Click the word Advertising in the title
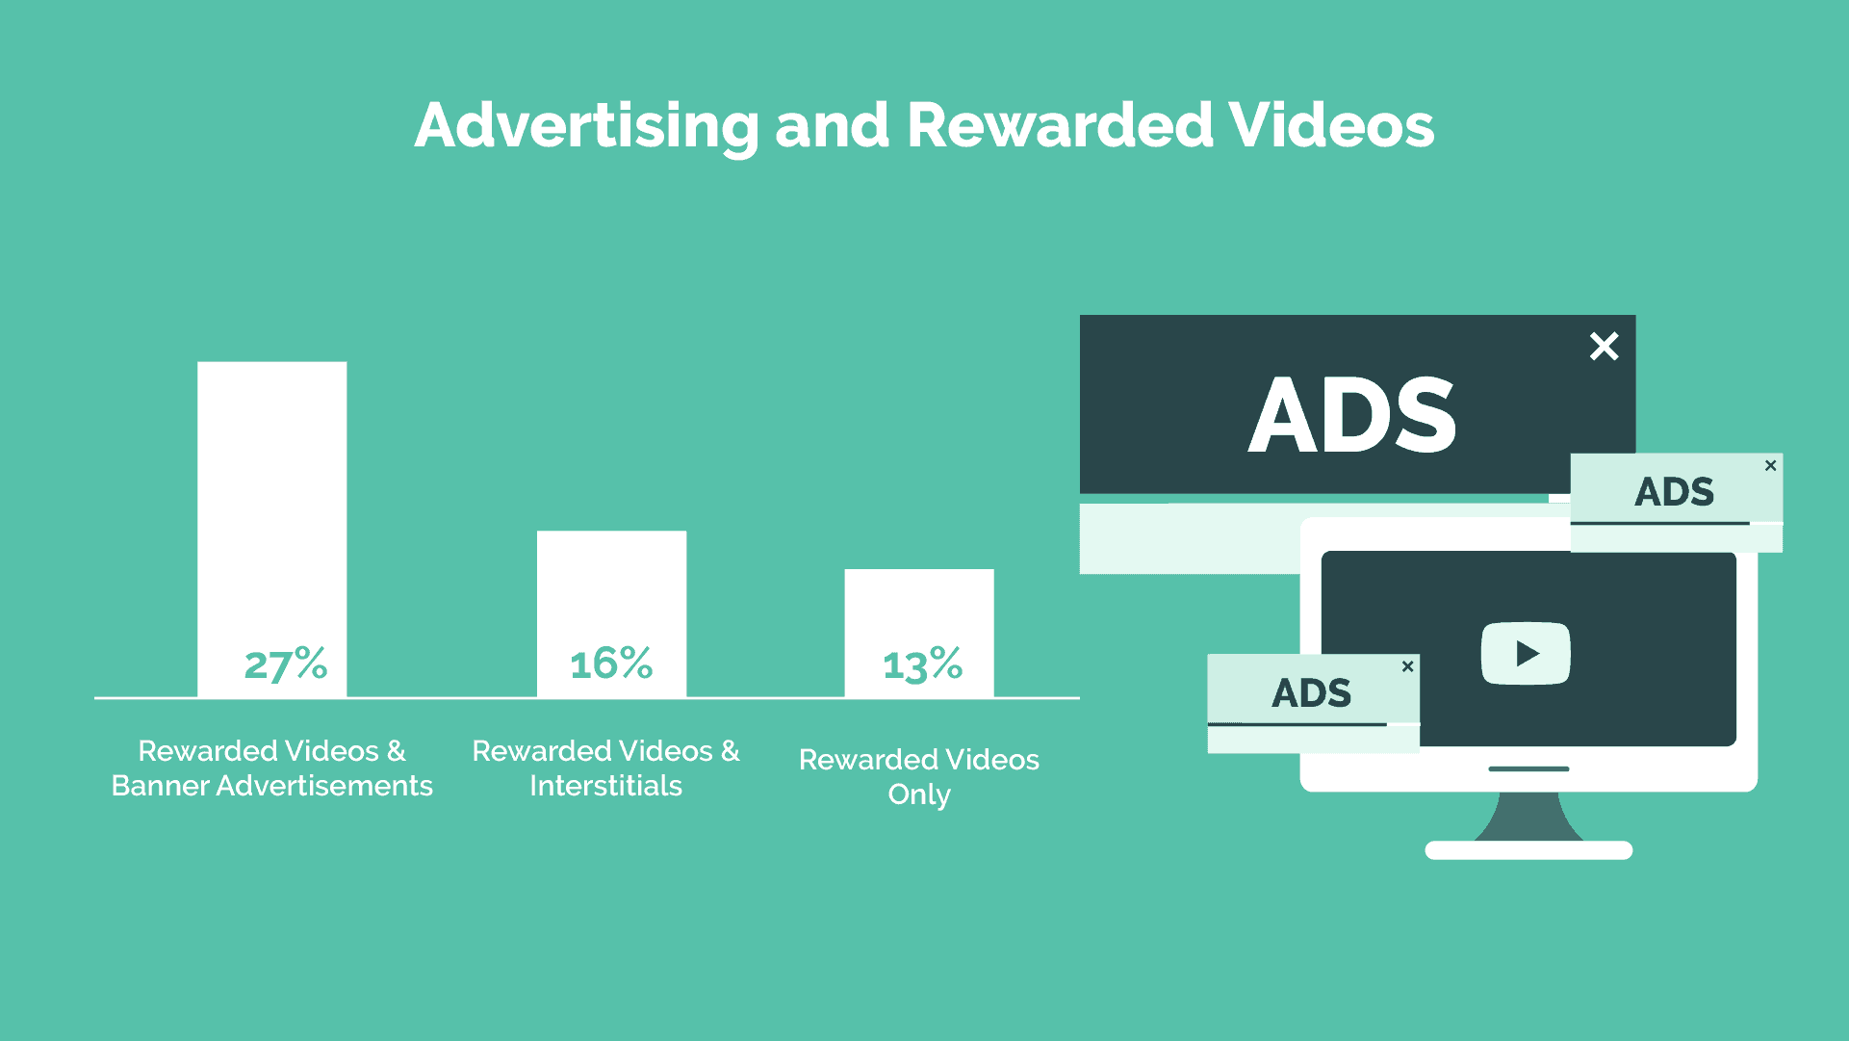coord(587,126)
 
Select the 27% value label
coord(286,664)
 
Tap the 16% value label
coord(611,663)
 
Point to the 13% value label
coord(922,664)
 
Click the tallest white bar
coord(272,529)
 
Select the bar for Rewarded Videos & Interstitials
coord(612,613)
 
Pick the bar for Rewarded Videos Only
coord(919,633)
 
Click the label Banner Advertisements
coord(272,786)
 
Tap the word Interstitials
coord(606,786)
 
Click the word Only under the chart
coord(919,795)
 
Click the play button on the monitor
coord(1526,654)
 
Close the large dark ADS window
coord(1605,346)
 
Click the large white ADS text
coord(1352,415)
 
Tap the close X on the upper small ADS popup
coord(1770,465)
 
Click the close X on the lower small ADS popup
coord(1407,666)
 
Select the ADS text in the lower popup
coord(1311,692)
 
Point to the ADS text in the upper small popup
coord(1675,492)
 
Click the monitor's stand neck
coord(1528,817)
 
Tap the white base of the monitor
coord(1528,850)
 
